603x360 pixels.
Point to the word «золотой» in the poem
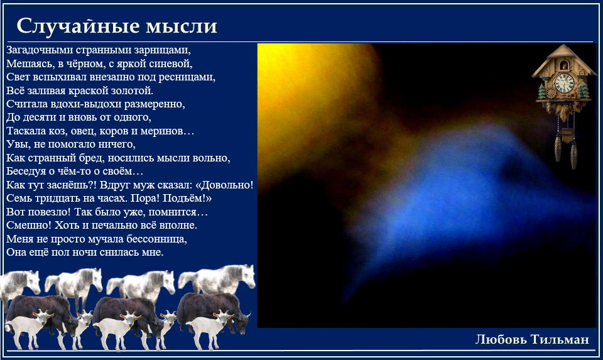point(133,90)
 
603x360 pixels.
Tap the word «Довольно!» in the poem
point(224,185)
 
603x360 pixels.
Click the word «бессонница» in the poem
point(156,239)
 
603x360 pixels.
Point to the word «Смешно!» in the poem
point(29,226)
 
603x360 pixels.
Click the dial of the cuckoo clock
point(564,83)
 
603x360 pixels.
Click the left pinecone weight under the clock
point(558,148)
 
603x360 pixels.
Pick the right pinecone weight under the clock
point(573,155)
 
